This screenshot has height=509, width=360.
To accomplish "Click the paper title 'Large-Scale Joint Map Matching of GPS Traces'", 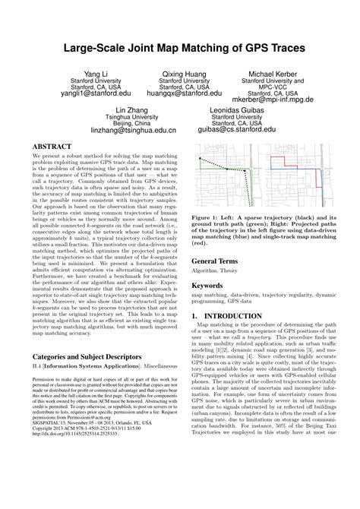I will click(179, 48).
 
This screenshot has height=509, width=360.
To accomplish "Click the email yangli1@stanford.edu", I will click(95, 94).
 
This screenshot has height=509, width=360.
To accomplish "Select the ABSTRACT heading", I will click(55, 144).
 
